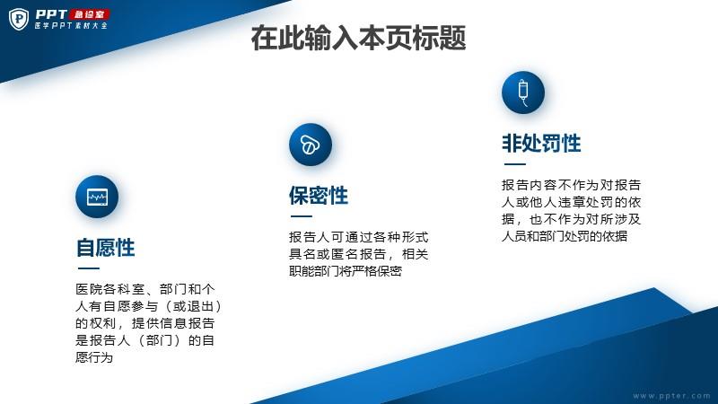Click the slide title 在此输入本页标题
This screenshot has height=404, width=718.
(358, 38)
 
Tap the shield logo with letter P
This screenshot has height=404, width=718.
(19, 19)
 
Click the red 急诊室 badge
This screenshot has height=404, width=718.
(90, 14)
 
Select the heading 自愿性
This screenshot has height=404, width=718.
(105, 248)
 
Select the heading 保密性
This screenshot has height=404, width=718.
(319, 196)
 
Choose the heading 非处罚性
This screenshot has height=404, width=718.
(541, 144)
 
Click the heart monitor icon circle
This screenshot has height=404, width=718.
(97, 197)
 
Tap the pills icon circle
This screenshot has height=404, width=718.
(311, 145)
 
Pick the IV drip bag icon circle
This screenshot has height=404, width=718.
(523, 92)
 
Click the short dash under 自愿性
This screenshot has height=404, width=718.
(88, 268)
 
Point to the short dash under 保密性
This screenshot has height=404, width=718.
(302, 216)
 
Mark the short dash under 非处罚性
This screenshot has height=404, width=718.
(514, 164)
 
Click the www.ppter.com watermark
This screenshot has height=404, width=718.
(671, 396)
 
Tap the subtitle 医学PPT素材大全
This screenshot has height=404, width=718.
(71, 26)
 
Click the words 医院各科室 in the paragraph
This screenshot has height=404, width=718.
(109, 289)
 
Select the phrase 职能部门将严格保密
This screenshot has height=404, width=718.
(346, 271)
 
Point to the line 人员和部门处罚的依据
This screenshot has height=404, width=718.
(565, 236)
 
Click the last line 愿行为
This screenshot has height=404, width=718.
(94, 357)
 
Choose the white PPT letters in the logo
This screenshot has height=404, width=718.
(51, 14)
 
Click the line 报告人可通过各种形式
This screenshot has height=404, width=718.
(358, 237)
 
